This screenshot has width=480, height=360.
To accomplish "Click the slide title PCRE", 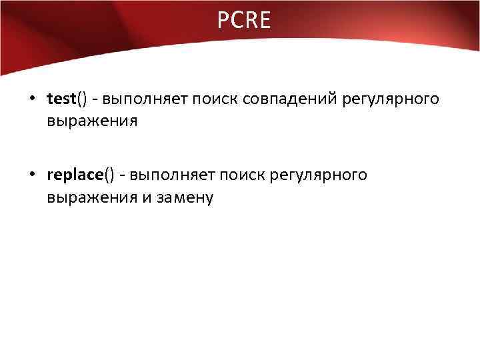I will (243, 21).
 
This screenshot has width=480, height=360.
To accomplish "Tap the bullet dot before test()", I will (32, 100).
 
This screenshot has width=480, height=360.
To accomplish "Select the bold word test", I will (61, 100).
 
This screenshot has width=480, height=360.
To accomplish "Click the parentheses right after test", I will (82, 100).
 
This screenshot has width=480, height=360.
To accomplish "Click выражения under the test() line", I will (92, 122).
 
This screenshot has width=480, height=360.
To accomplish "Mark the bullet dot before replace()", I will (32, 175).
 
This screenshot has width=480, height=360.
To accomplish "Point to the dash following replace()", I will (123, 176).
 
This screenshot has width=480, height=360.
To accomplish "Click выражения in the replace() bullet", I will (92, 197).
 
